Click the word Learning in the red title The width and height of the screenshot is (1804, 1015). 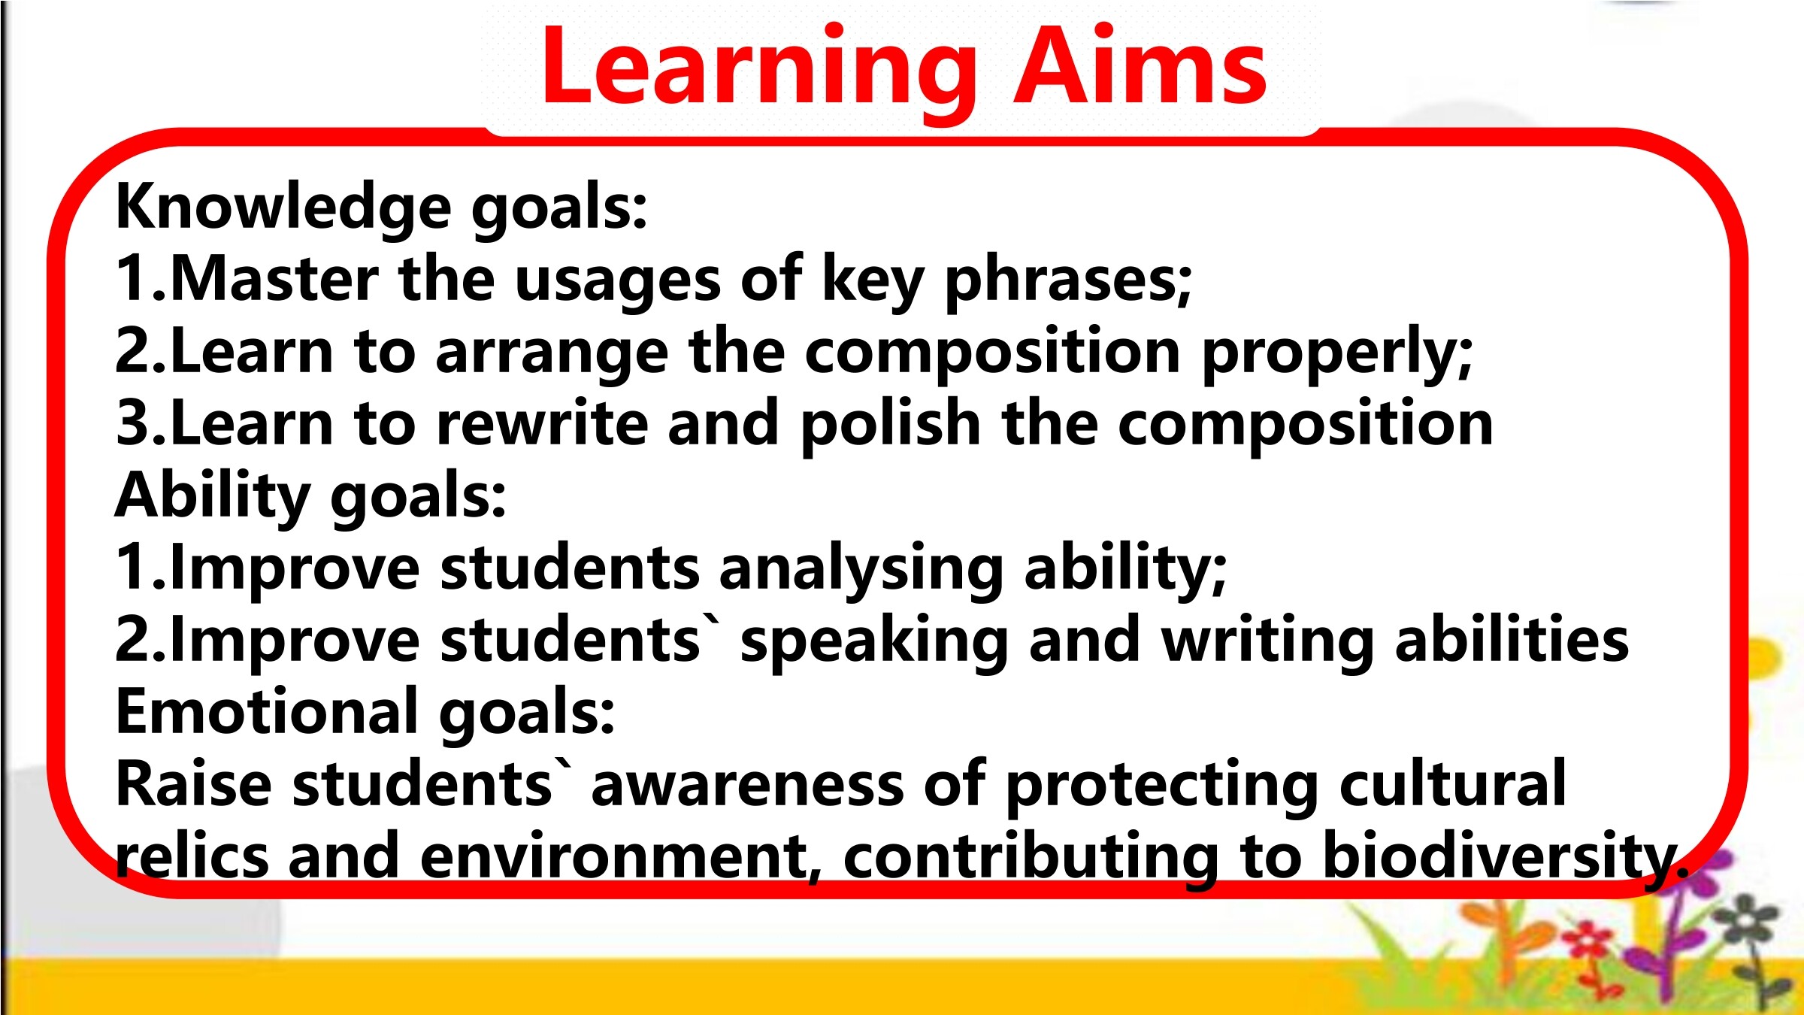tap(759, 71)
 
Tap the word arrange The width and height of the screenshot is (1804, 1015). tap(552, 356)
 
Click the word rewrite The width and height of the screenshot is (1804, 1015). tap(542, 423)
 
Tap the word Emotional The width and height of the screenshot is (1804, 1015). tap(268, 711)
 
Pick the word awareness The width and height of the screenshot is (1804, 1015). tap(748, 786)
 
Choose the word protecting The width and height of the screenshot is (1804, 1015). tap(1162, 788)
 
